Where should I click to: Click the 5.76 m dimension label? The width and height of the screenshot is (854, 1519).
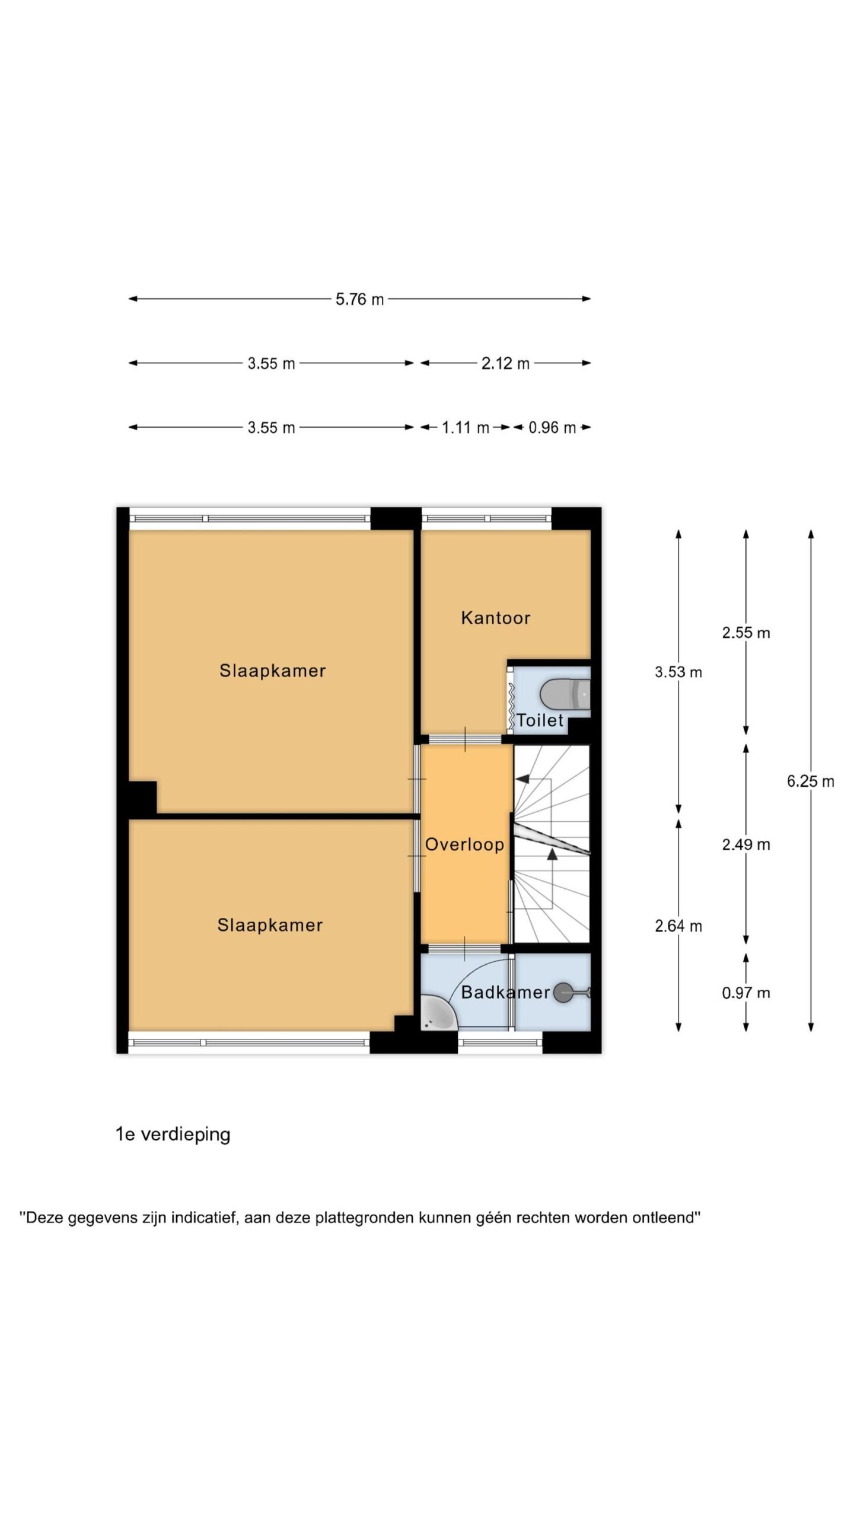pos(359,299)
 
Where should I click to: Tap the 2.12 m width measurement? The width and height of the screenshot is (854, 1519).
pos(505,363)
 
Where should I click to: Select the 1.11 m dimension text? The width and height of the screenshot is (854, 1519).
pos(466,427)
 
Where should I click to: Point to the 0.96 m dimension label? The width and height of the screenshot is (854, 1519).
pos(552,427)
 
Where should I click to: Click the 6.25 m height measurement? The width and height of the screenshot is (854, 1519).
pos(810,781)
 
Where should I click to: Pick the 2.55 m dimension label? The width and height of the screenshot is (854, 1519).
pos(746,633)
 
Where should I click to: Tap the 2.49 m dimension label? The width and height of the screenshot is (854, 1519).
pos(746,844)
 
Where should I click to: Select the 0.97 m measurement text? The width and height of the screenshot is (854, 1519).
pos(746,993)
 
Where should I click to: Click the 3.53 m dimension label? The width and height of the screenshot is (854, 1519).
pos(678,672)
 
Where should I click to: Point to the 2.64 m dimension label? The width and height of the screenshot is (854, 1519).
pos(678,926)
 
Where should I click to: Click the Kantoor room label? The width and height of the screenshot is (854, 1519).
pos(496,618)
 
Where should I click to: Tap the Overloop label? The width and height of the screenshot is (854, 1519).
pos(464,844)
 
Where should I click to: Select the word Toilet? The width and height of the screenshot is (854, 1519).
pos(540,720)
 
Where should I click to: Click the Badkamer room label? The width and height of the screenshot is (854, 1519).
pos(505,992)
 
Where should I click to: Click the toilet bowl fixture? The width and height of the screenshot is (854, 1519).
pos(565,694)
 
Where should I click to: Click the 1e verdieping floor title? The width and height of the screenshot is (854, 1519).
pos(173,1135)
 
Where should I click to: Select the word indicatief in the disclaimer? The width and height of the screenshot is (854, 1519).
pos(205,1218)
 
